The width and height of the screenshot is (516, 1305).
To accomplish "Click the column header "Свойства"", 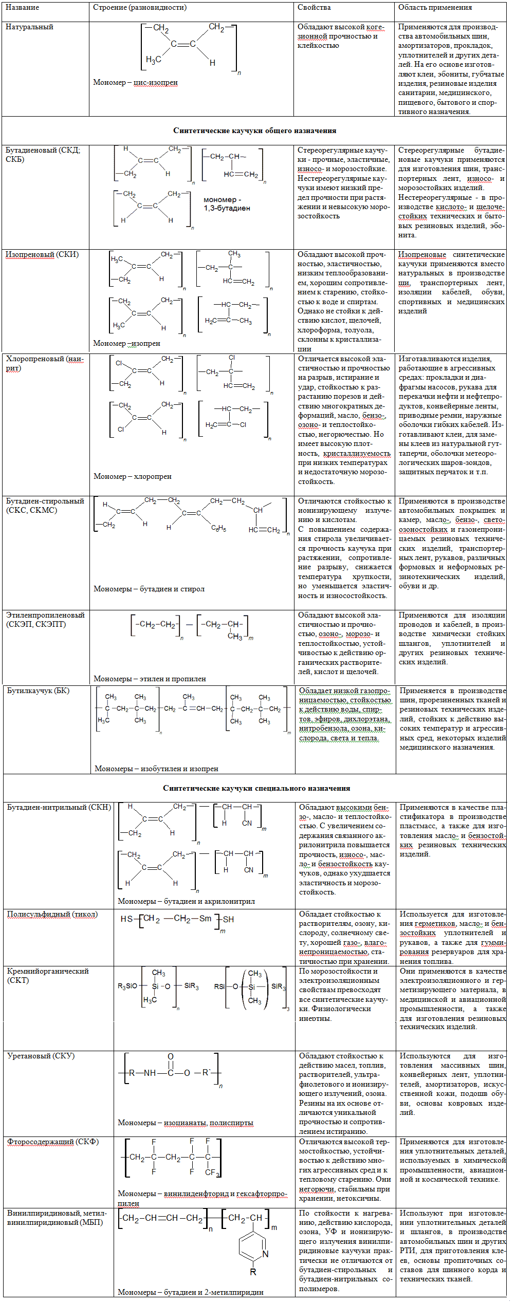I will click(x=314, y=8).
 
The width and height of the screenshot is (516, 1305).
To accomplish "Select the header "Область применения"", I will click(x=435, y=8).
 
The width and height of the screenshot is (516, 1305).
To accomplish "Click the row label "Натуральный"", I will click(x=29, y=27).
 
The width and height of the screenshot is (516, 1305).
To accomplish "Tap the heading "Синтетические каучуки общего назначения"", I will click(x=254, y=130).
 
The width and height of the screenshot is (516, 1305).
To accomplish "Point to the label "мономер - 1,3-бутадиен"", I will click(x=227, y=204).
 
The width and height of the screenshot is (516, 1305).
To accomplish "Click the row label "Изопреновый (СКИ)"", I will click(x=42, y=255).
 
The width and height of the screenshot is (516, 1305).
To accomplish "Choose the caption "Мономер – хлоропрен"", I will click(x=132, y=476).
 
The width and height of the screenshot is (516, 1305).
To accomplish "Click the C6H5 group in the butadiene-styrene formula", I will click(x=218, y=528).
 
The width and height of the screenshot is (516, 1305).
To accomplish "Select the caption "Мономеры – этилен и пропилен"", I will click(x=150, y=679).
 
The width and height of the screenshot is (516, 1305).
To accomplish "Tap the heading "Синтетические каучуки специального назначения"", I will click(x=256, y=788).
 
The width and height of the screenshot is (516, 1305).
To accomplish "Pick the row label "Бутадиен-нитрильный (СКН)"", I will click(x=59, y=807).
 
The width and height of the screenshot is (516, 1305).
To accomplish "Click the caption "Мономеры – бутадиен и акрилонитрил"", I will click(x=186, y=901).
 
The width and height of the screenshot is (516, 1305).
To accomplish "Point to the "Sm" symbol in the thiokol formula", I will click(x=205, y=919).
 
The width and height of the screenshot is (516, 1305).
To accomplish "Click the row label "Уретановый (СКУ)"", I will click(x=41, y=1056).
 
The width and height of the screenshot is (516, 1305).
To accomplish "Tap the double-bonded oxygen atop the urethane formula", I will click(x=171, y=1057).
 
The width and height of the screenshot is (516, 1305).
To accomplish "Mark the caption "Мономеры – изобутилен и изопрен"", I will click(x=156, y=769).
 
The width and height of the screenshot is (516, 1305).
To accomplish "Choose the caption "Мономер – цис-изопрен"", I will click(x=135, y=82).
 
